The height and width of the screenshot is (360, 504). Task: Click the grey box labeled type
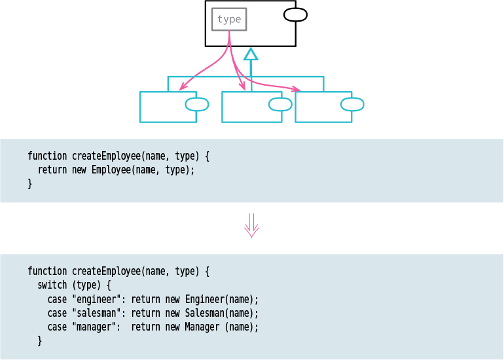tap(229, 20)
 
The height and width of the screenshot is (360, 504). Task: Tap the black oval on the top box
tap(295, 14)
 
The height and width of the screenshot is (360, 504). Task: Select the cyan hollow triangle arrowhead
tap(250, 54)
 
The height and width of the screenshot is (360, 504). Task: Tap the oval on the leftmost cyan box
tap(197, 104)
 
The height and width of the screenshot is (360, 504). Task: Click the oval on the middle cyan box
tap(280, 104)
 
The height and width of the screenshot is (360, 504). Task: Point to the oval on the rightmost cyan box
tap(352, 104)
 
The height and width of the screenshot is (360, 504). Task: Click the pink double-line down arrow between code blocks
tap(252, 225)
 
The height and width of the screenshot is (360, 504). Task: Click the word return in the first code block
tap(52, 170)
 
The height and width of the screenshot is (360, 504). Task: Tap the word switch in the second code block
tap(52, 285)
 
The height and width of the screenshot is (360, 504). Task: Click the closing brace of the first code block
tap(29, 184)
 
